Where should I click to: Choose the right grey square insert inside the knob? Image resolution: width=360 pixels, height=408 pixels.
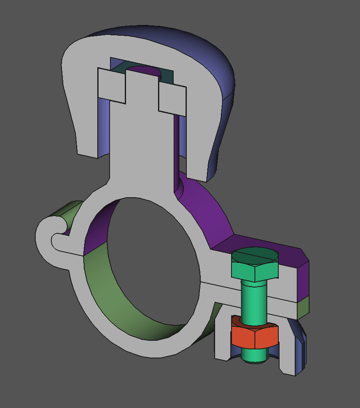coord(172,99)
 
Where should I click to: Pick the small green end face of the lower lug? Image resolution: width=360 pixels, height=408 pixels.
coord(303,308)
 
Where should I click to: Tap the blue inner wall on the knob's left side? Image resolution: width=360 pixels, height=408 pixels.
coord(104,127)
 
